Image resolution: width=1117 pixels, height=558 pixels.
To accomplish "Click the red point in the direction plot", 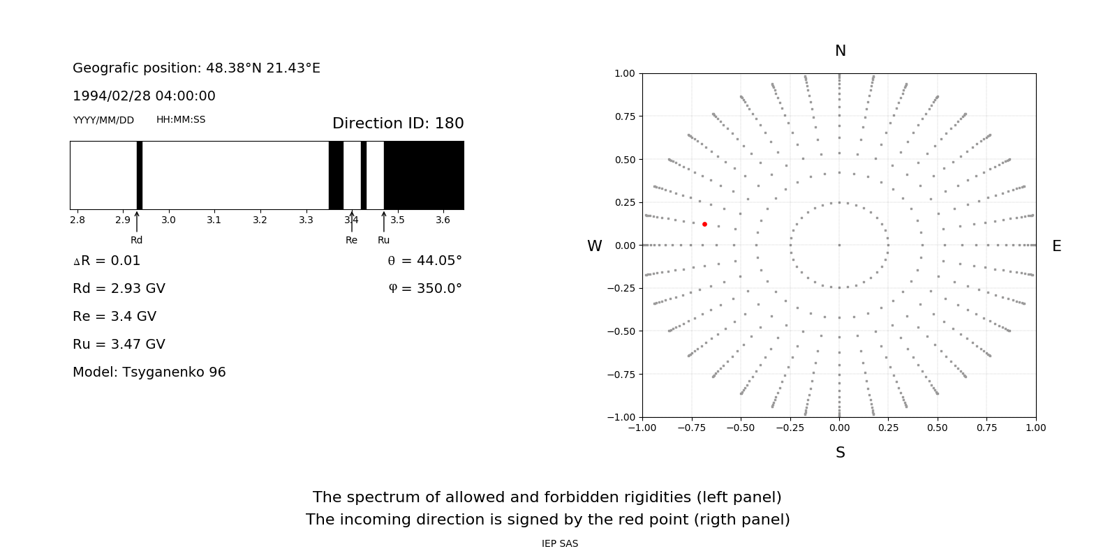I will (x=704, y=224).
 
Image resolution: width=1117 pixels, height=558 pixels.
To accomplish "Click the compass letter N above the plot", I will (x=841, y=51).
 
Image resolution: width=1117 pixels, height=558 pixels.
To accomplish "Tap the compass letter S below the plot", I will (x=841, y=453).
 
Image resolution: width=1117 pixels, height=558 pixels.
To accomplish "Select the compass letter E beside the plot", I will (x=1056, y=246).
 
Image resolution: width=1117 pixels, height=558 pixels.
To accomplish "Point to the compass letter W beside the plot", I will (x=595, y=246).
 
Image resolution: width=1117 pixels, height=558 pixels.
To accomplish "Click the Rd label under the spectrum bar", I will (x=137, y=240).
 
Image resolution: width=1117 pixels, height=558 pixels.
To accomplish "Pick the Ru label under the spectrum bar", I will (x=383, y=240).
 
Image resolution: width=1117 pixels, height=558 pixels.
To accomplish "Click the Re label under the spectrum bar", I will (x=351, y=240).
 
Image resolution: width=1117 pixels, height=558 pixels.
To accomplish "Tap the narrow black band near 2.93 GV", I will (x=140, y=175).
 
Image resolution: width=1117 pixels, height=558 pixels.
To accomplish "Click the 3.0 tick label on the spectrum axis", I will (x=168, y=220).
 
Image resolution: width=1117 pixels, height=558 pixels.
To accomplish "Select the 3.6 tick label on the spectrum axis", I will (x=443, y=220).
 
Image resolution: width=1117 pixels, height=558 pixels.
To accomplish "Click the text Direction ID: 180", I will (x=398, y=123).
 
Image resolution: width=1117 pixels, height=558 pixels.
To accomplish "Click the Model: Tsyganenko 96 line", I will (x=149, y=372).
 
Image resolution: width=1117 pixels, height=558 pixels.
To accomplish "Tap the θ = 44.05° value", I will (x=424, y=261).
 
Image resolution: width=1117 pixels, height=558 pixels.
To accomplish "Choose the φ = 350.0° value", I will (x=424, y=289).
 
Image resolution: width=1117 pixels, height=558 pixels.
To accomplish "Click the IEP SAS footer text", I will (x=560, y=543).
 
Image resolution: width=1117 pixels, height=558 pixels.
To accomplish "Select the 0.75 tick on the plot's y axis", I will (x=625, y=116).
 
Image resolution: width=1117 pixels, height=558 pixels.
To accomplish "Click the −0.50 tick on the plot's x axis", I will (x=741, y=428).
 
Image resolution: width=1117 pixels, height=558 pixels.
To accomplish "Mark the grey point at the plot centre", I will (x=839, y=245).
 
